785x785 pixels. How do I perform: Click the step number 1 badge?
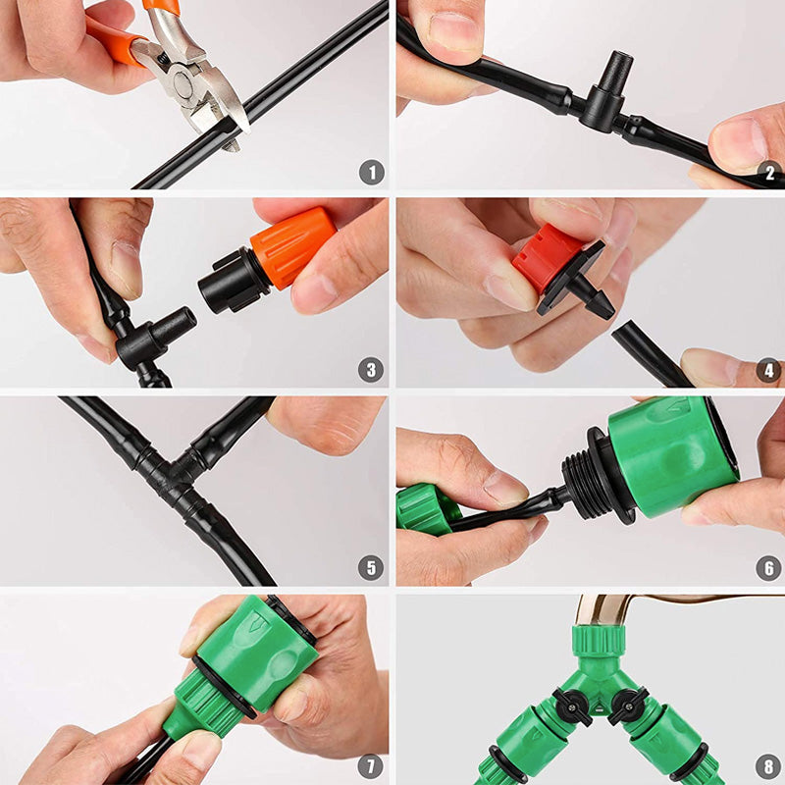coord(371,173)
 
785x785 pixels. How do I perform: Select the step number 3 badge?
coord(371,370)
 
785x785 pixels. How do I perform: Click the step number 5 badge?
coord(371,567)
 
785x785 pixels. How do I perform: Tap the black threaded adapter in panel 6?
coord(588,476)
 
